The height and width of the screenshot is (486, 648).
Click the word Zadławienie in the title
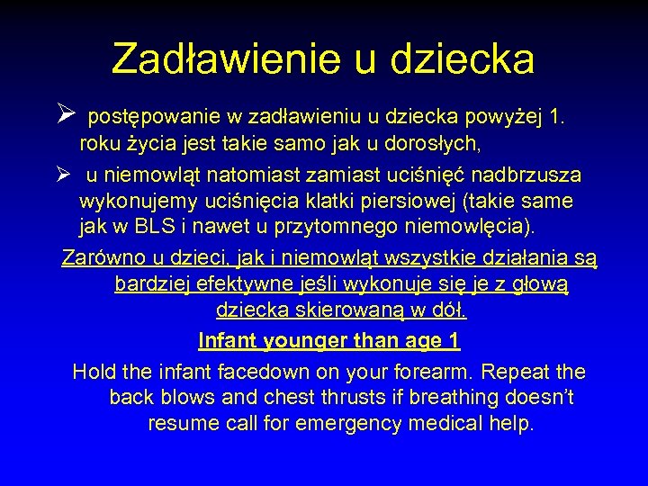[x=220, y=58]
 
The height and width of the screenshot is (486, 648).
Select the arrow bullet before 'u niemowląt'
[x=62, y=174]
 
